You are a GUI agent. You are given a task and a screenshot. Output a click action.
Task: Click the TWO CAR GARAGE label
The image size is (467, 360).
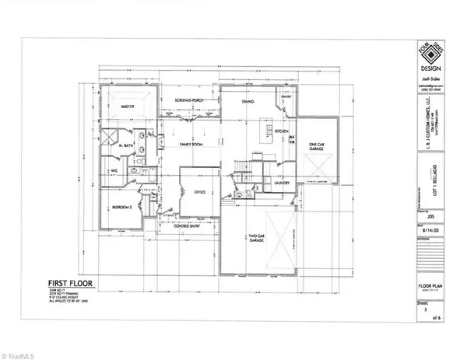coord(258,239)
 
